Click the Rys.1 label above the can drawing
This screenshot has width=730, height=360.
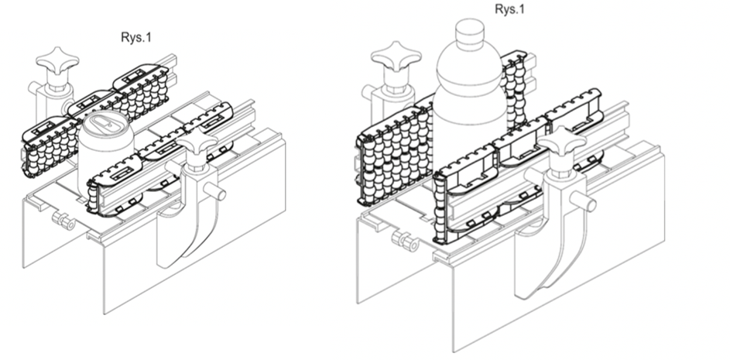point(136,37)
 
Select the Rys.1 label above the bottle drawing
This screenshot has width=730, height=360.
point(509,9)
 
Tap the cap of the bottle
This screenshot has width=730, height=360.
point(469,33)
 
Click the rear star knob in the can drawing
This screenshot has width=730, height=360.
point(57,61)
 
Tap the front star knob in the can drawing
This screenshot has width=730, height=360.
point(197,142)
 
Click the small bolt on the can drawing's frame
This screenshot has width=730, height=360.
point(63,221)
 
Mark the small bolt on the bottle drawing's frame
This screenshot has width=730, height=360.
point(406,241)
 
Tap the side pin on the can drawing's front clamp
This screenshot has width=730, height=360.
point(215,191)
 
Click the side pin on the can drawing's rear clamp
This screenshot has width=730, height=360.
point(33,87)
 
